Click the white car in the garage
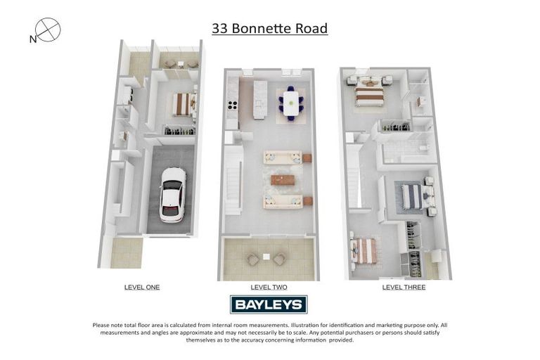pos(173,194)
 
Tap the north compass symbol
pos(49,30)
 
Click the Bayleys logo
pos(269,304)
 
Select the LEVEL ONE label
pos(142,287)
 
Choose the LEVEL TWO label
pos(269,287)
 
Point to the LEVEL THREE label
pos(404,287)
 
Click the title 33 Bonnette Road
pos(269,29)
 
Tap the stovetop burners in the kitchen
pos(232,106)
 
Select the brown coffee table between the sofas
pos(283,179)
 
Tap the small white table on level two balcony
pos(266,257)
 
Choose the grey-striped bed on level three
pos(412,196)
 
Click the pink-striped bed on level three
pos(364,250)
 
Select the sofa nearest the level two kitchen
pos(283,157)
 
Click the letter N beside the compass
pos(32,40)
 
